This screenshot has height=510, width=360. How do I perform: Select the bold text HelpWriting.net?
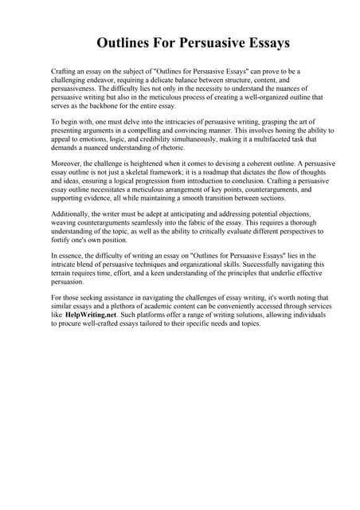pos(96,316)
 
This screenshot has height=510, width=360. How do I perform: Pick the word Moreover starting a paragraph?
pos(67,162)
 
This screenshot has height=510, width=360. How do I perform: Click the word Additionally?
pos(72,214)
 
